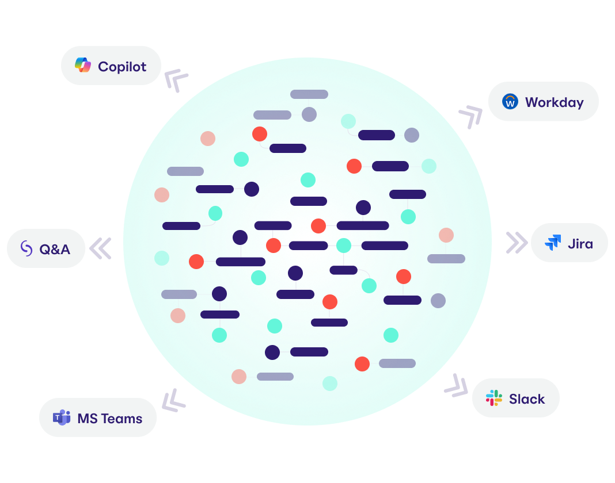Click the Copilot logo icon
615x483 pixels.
[x=83, y=66]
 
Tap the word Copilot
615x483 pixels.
[x=122, y=67]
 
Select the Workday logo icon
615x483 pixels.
[x=510, y=102]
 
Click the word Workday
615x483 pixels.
[x=554, y=102]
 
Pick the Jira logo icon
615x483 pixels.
[x=553, y=243]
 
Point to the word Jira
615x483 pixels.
[x=580, y=244]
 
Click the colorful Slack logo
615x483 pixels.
[x=494, y=398]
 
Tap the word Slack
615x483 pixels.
[x=526, y=399]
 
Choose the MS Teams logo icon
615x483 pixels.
[x=62, y=418]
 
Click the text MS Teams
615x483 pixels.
[x=109, y=419]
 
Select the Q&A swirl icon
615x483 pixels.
[x=26, y=248]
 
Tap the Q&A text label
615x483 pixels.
[x=55, y=250]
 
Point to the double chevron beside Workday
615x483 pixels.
[x=470, y=116]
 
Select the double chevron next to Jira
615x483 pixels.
[x=516, y=243]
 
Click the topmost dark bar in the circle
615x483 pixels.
[x=309, y=94]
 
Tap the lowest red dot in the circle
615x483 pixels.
[x=239, y=377]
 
